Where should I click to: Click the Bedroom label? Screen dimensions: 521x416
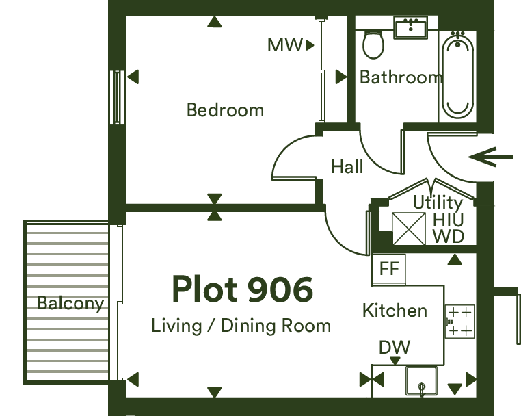click(x=225, y=110)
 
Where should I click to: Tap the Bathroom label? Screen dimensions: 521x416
click(x=401, y=77)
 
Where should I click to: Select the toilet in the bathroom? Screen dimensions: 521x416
click(x=373, y=44)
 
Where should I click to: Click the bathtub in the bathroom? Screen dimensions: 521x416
click(x=458, y=76)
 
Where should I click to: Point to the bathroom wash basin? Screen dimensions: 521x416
click(x=411, y=27)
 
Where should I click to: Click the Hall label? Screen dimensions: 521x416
click(x=347, y=166)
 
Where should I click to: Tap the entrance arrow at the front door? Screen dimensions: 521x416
click(x=491, y=157)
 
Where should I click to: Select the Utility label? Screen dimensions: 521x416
click(x=438, y=202)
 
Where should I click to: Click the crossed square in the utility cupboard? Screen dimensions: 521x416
click(x=409, y=229)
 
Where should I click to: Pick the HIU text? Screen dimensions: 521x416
click(x=449, y=220)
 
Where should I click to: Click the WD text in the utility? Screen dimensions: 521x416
click(x=449, y=237)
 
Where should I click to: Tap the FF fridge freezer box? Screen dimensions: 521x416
click(x=388, y=269)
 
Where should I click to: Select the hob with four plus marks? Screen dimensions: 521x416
click(x=460, y=321)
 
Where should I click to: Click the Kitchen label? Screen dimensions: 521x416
click(x=395, y=311)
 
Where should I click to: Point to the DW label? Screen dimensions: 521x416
click(x=395, y=347)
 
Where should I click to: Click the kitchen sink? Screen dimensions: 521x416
click(x=421, y=380)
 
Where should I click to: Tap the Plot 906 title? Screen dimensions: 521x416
click(x=243, y=289)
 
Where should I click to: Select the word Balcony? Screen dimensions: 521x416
click(x=70, y=303)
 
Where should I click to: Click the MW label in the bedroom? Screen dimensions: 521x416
click(x=285, y=45)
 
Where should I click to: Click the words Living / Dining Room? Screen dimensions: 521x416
click(x=241, y=326)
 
